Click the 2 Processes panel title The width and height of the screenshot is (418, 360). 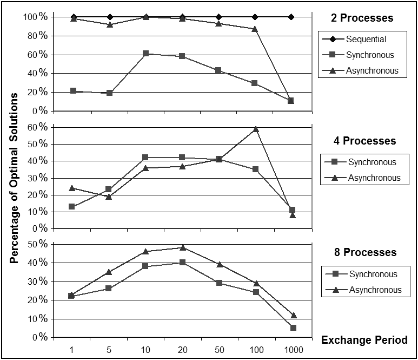(362, 18)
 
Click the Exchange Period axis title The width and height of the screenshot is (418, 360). (364, 341)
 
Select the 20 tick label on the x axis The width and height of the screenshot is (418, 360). (182, 350)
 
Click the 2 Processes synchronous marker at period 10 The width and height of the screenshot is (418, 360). (146, 54)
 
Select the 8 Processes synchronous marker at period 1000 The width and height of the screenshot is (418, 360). (292, 328)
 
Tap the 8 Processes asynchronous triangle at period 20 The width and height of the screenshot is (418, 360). (182, 247)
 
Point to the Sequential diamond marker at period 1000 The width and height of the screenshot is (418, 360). (291, 17)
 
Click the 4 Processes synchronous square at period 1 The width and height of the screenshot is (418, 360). (72, 206)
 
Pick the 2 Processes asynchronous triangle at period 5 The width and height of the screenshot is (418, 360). (110, 24)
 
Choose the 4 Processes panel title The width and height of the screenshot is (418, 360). (362, 141)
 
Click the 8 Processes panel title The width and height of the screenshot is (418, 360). (362, 253)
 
